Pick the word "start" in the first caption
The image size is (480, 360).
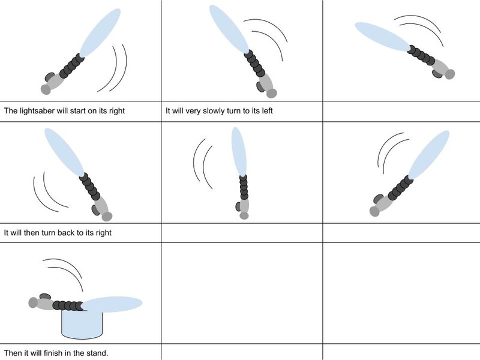(78, 110)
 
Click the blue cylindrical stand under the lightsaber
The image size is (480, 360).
(82, 324)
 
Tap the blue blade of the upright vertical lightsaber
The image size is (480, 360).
(238, 152)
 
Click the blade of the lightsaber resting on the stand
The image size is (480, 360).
(112, 304)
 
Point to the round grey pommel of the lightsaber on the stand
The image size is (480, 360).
(33, 303)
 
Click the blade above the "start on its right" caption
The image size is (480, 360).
(100, 33)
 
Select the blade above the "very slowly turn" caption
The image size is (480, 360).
(229, 29)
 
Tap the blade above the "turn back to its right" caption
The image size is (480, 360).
(64, 152)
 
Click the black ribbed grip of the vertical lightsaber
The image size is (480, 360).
(244, 187)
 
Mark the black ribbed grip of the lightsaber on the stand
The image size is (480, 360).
(68, 305)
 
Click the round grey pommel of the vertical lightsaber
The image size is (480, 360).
(244, 216)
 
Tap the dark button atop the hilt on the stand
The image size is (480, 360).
(46, 296)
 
